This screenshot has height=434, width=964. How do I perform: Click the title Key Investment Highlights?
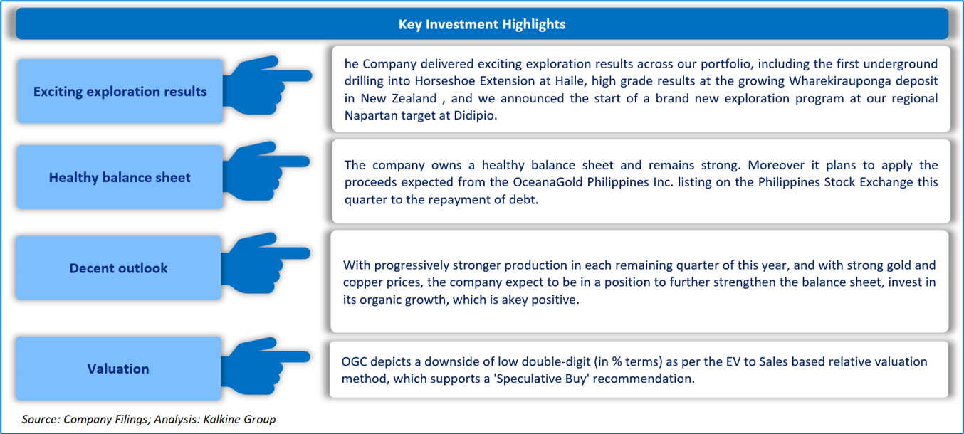coord(481,24)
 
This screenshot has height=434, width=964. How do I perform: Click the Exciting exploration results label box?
coord(120,91)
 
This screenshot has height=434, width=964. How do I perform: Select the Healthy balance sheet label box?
coord(120,177)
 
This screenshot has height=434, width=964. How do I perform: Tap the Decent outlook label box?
coord(119,268)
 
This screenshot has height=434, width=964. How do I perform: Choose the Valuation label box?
coord(119,369)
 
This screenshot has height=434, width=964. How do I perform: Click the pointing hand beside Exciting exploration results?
coord(267,85)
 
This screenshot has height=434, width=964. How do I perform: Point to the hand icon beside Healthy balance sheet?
coord(266,171)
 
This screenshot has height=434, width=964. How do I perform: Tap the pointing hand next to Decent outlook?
coord(266,263)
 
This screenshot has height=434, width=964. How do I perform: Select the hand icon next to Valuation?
coord(266,366)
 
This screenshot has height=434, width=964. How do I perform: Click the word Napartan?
coord(371,116)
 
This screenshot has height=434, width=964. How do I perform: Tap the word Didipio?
coord(475,116)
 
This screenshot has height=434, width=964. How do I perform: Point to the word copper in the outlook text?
coord(362,282)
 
